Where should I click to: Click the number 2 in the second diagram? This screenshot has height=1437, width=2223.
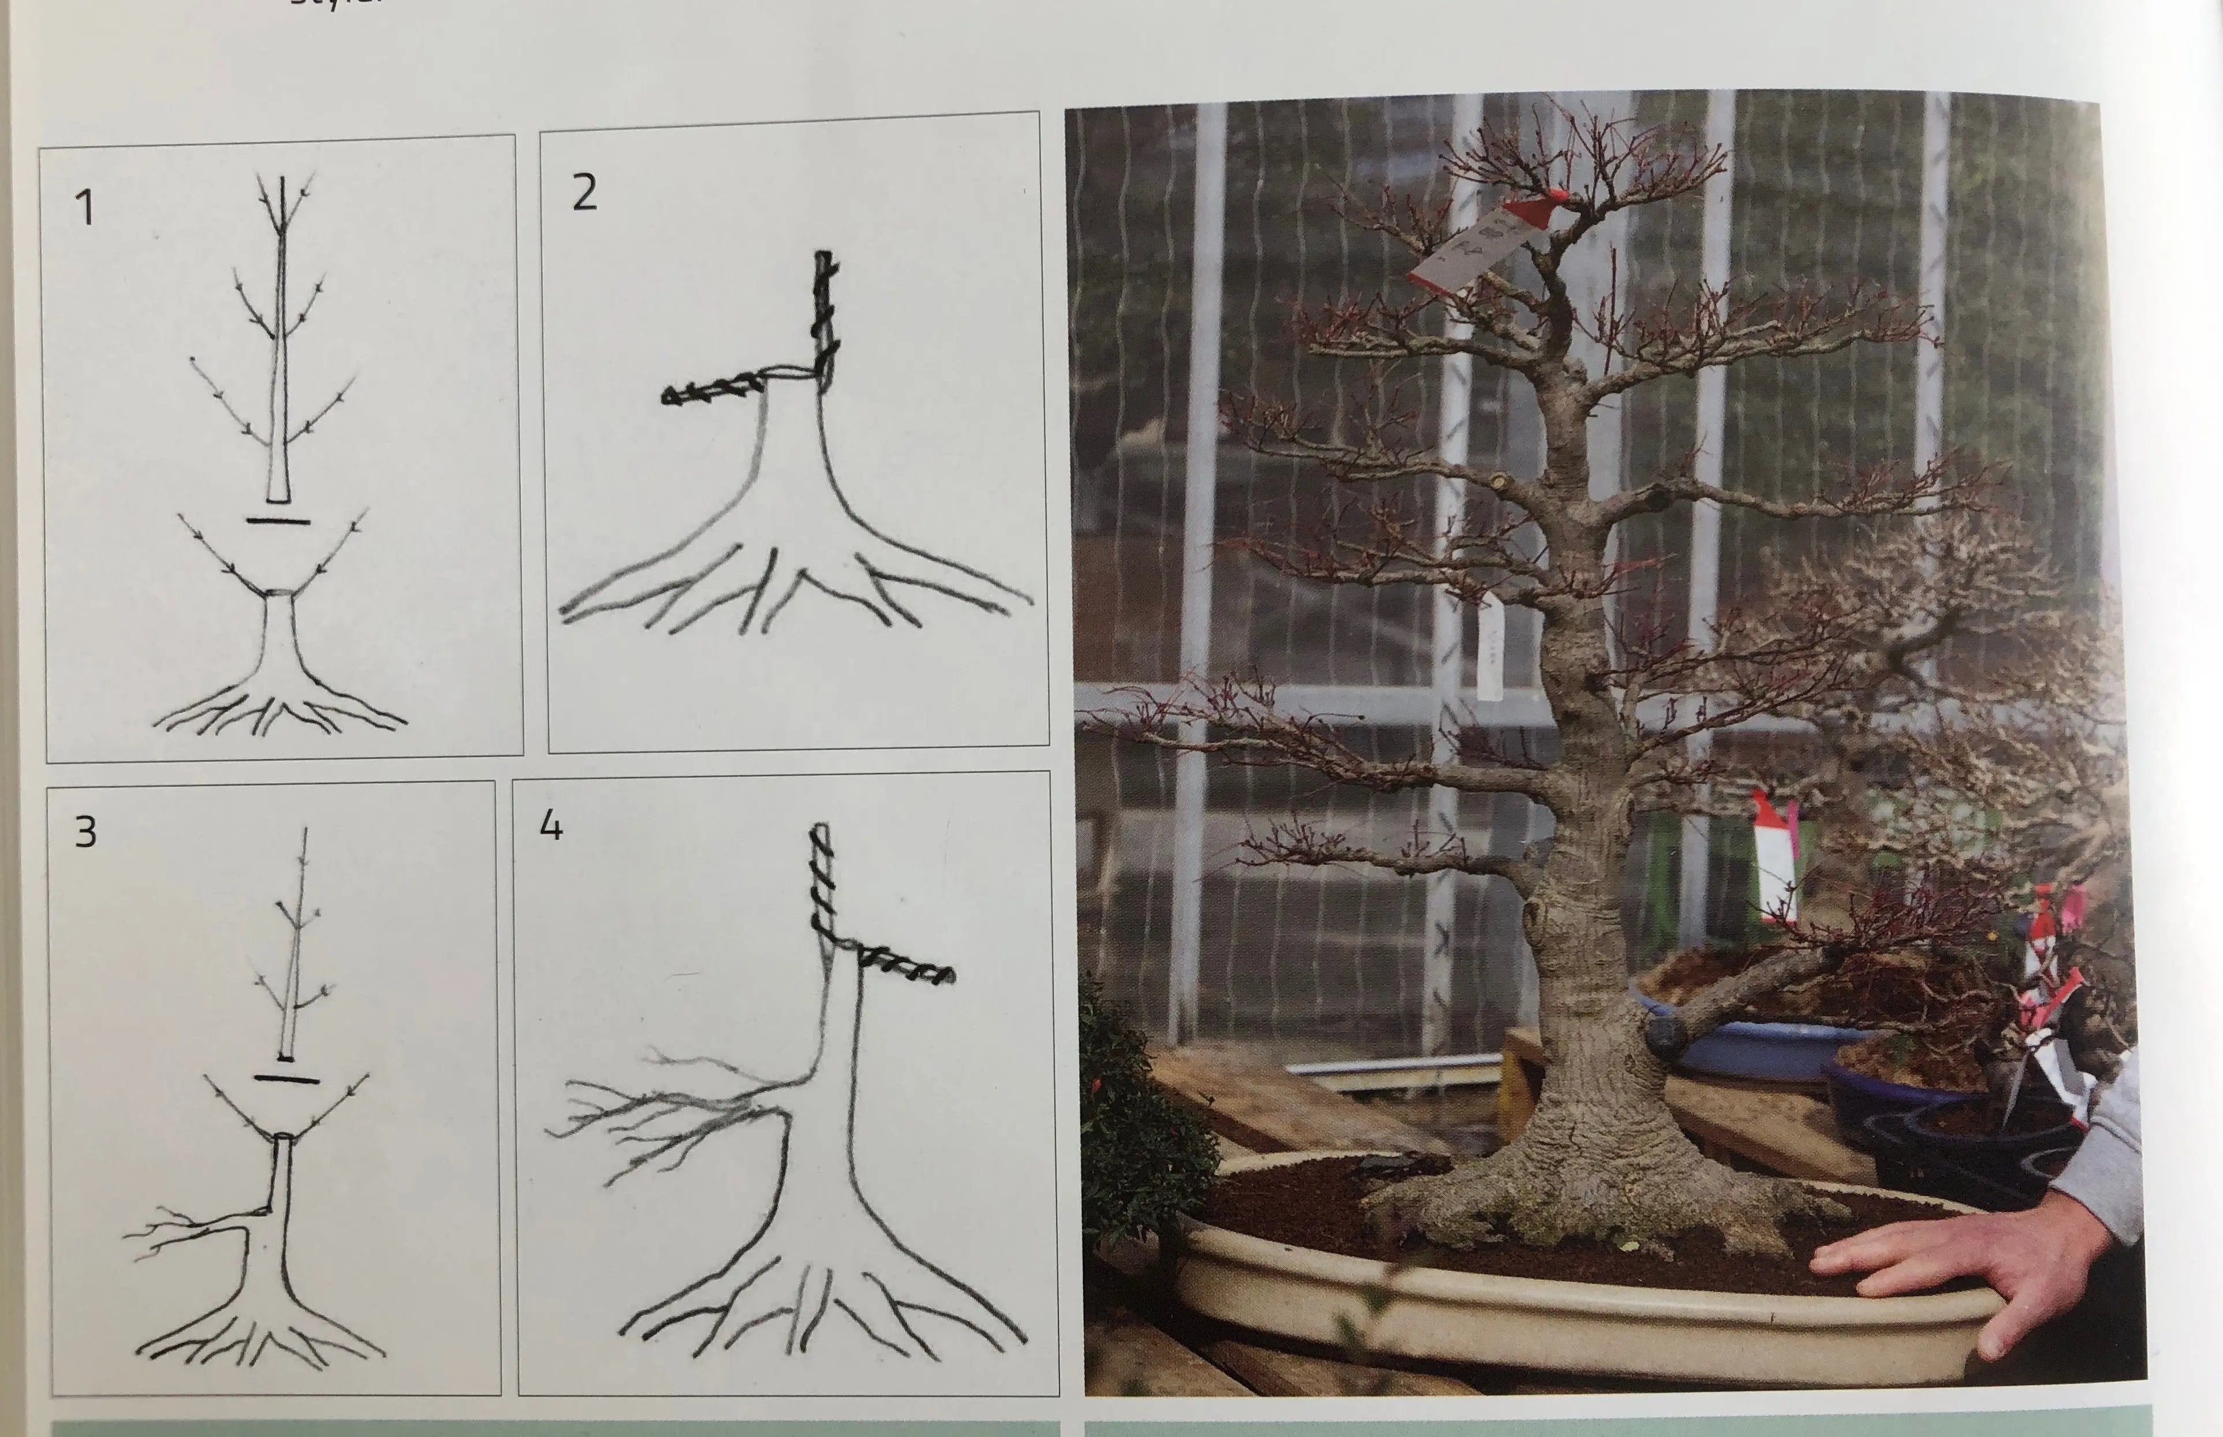coord(584,193)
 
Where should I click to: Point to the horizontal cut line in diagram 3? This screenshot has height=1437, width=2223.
coord(286,1079)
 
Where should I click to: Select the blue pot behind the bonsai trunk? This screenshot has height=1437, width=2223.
coord(1754,1045)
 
